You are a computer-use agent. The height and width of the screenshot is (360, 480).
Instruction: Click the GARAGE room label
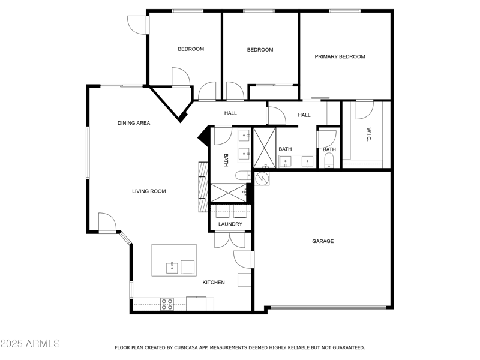point(322,241)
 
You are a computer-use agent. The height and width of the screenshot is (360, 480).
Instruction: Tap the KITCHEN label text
point(213,283)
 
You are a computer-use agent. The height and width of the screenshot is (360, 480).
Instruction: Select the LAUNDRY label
point(230,224)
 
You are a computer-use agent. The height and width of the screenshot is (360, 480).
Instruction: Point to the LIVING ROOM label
point(149,191)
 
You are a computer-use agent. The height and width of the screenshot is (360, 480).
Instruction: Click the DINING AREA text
point(133,123)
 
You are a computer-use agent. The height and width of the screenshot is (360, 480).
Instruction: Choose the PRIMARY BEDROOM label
point(340,57)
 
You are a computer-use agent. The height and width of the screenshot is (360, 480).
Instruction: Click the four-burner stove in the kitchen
point(167,304)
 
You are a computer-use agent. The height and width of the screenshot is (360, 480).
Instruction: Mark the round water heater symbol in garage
point(262,178)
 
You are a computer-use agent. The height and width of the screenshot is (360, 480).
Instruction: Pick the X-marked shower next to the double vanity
point(264,148)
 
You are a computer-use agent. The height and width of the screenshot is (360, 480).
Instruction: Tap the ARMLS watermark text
point(30,344)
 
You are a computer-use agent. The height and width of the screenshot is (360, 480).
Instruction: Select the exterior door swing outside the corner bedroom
point(137,23)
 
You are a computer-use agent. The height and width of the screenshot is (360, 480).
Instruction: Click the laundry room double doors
point(230,238)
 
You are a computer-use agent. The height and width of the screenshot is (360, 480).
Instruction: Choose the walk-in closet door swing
point(364,109)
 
